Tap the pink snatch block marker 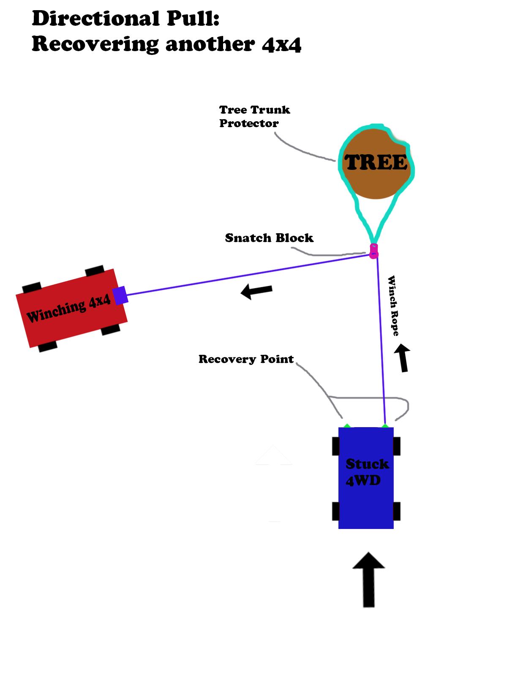point(373,251)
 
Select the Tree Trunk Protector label point(254,117)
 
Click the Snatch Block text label point(269,238)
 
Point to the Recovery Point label point(246,359)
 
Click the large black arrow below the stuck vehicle point(368,579)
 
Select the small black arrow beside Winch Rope point(403,357)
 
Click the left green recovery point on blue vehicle point(346,426)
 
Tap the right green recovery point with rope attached point(385,426)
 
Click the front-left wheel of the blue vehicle point(335,446)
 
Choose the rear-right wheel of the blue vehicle point(397,511)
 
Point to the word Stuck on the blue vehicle point(367,464)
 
